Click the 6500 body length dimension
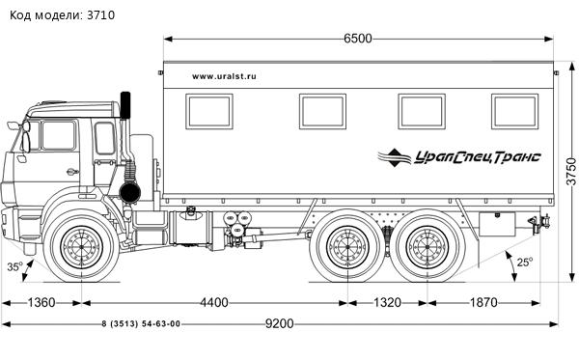[x=358, y=39]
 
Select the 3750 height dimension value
[x=571, y=172]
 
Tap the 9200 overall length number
[x=280, y=324]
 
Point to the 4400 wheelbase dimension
[x=214, y=303]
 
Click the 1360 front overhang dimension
[x=41, y=303]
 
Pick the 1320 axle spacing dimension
[x=387, y=303]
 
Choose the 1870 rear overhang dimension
[x=483, y=303]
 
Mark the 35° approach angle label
[x=14, y=266]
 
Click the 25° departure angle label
[x=525, y=263]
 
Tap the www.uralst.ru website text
[x=224, y=76]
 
